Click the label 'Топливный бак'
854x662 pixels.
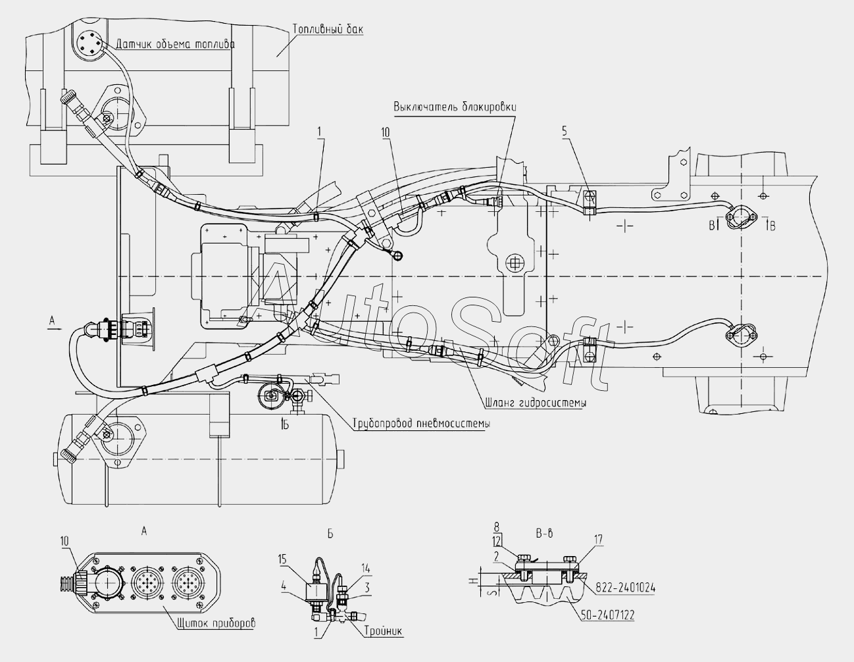tap(328, 30)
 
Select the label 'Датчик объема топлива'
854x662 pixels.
tap(175, 44)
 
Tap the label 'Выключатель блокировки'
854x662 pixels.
tap(455, 107)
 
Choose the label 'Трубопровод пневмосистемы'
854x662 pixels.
tap(421, 424)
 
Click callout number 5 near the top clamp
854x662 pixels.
tap(565, 132)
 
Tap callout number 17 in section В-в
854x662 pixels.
tap(597, 540)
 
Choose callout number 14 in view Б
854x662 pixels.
tap(366, 569)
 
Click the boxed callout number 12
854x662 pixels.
tap(497, 542)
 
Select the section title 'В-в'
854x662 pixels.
tap(544, 534)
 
